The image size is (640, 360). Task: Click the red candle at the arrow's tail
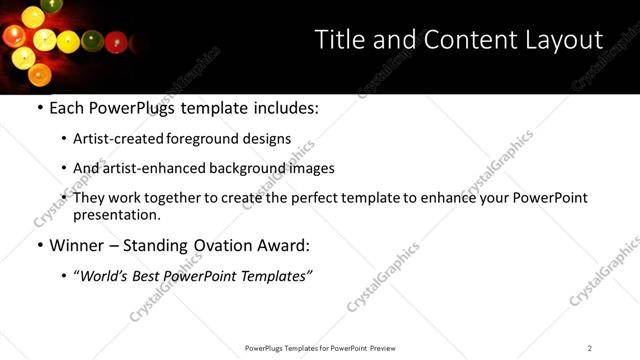[x=115, y=42]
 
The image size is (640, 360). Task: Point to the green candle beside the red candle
[x=92, y=42]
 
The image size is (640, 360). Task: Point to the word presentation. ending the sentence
[x=116, y=214]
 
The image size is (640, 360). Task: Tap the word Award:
[x=282, y=245]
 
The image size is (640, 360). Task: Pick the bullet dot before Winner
[x=39, y=245]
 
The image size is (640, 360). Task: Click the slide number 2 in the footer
[x=590, y=348]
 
